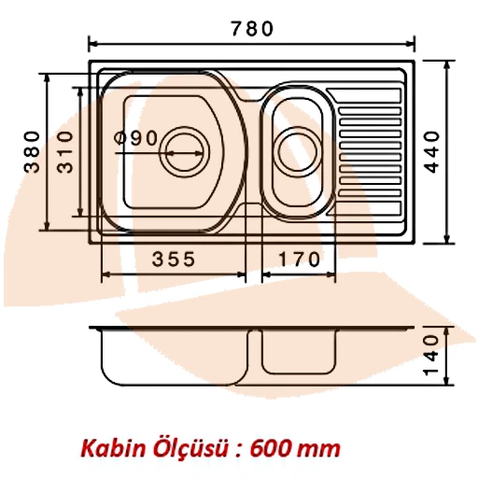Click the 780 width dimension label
coord(252,28)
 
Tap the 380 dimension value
coord(32,151)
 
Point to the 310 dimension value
coord(64,152)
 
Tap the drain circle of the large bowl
coord(182,148)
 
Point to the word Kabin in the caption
coord(106,448)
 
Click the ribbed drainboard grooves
coord(371,149)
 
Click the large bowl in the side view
coord(173,359)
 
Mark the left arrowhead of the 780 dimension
coord(91,43)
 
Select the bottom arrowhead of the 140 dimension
coord(445,381)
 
